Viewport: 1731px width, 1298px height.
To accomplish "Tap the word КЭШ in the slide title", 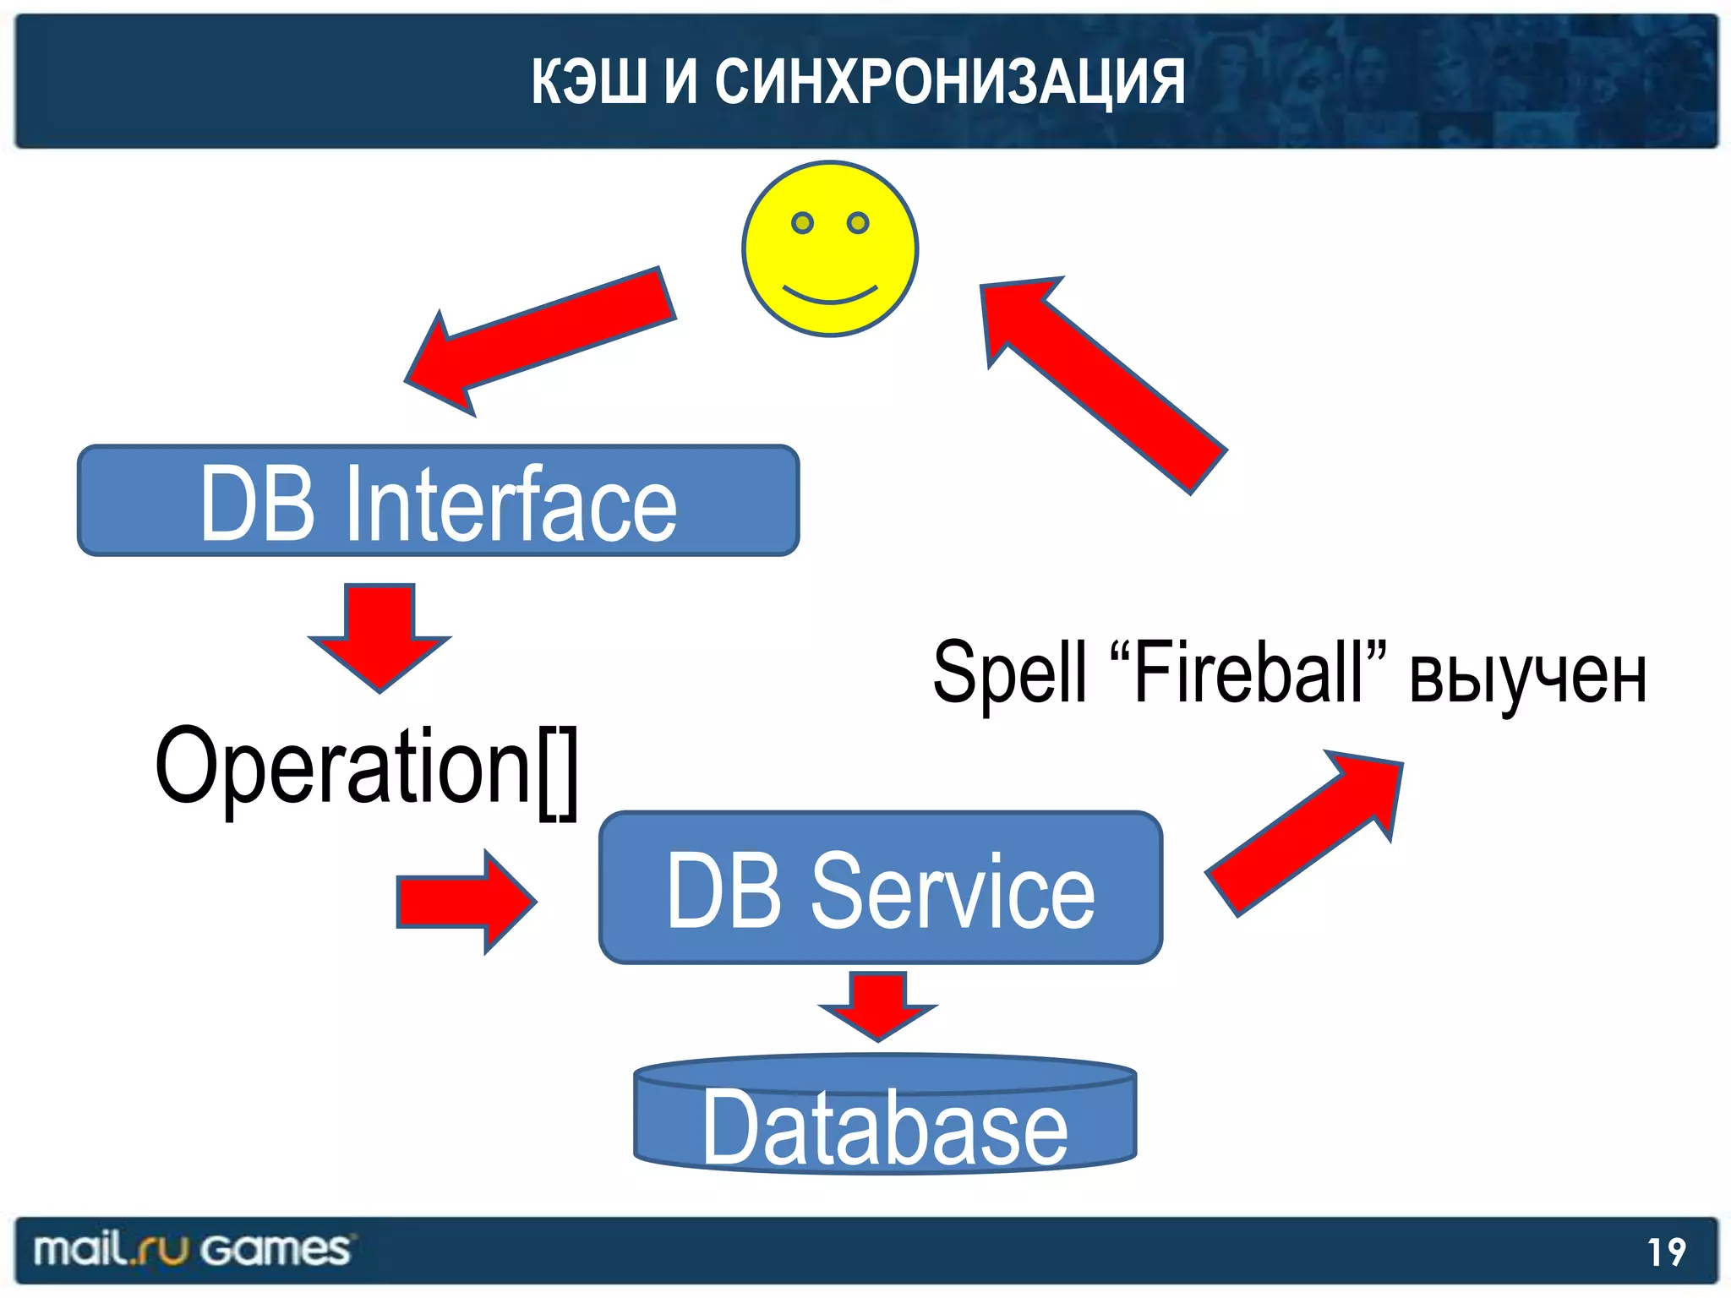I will click(x=587, y=82).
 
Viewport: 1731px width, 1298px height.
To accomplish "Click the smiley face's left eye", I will click(x=802, y=223).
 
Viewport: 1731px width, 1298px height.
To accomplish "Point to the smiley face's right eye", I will click(x=858, y=223).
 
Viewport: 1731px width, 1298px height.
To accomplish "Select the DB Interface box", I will click(x=438, y=501).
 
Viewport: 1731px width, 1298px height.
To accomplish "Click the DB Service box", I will click(x=881, y=888).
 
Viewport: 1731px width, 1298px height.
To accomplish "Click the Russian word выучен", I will click(x=1527, y=676).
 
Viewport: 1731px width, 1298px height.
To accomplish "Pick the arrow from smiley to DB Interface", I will click(x=541, y=338).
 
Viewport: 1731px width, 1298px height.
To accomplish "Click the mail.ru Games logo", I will click(x=191, y=1250).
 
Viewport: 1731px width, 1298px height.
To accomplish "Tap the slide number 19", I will click(x=1666, y=1252).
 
